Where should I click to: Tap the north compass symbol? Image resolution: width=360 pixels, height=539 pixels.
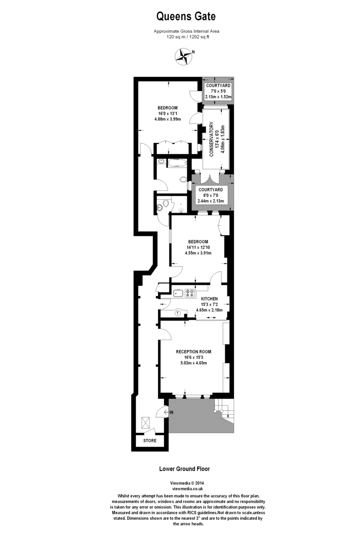(183, 55)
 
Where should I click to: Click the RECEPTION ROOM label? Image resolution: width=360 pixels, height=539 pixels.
(193, 352)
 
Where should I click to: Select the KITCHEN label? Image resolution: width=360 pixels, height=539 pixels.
(209, 299)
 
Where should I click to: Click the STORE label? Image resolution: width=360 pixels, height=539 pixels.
(150, 441)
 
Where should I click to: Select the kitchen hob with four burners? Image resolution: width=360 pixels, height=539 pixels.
(190, 294)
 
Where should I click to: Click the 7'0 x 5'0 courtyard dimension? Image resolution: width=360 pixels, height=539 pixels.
(218, 91)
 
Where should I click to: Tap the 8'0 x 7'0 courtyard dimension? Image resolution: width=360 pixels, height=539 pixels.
(210, 196)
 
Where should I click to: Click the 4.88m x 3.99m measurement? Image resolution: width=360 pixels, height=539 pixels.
(167, 119)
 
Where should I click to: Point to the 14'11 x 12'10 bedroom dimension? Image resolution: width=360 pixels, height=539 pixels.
(198, 247)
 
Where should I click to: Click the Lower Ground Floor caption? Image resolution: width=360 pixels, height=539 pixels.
(185, 468)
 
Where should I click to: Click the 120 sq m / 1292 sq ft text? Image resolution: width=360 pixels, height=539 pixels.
(187, 37)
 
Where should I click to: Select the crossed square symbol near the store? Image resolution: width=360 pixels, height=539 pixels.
(146, 422)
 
